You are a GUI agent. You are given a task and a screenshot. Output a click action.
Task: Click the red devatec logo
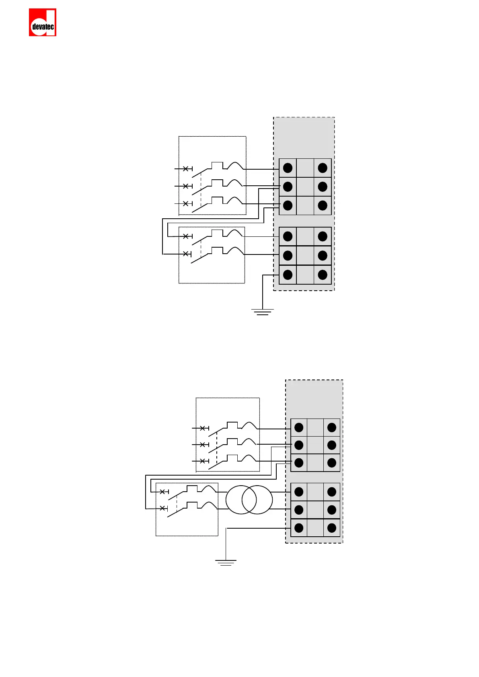(43, 23)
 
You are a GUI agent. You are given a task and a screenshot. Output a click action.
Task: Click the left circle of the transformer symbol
(241, 500)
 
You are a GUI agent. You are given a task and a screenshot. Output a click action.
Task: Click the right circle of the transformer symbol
(257, 500)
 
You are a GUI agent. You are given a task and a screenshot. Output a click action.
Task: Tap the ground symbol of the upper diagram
(262, 312)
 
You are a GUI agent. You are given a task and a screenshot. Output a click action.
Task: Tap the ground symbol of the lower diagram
(226, 562)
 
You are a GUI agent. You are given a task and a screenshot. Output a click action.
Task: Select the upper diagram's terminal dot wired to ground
(288, 275)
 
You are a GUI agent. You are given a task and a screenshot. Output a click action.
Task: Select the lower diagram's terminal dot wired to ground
(299, 528)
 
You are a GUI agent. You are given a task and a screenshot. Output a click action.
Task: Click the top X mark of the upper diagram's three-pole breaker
(185, 169)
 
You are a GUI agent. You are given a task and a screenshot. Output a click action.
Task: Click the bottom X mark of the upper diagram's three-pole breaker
(185, 203)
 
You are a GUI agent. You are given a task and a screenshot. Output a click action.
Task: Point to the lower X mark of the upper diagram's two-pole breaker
(186, 254)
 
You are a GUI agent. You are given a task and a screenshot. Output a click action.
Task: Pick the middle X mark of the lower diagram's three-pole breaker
(202, 444)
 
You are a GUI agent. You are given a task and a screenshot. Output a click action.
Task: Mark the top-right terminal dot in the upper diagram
(323, 168)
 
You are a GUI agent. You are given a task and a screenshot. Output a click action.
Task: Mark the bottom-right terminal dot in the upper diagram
(323, 275)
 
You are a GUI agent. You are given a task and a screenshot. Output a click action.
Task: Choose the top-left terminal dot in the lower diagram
(299, 427)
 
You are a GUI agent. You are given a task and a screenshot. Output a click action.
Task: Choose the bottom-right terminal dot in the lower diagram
(332, 528)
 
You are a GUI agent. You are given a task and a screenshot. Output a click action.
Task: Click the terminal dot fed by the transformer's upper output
(299, 492)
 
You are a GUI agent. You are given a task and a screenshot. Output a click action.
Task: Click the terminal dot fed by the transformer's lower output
(299, 510)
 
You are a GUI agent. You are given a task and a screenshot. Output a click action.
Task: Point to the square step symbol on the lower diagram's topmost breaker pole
(232, 425)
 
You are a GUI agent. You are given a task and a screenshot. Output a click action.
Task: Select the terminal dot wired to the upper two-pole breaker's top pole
(288, 236)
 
